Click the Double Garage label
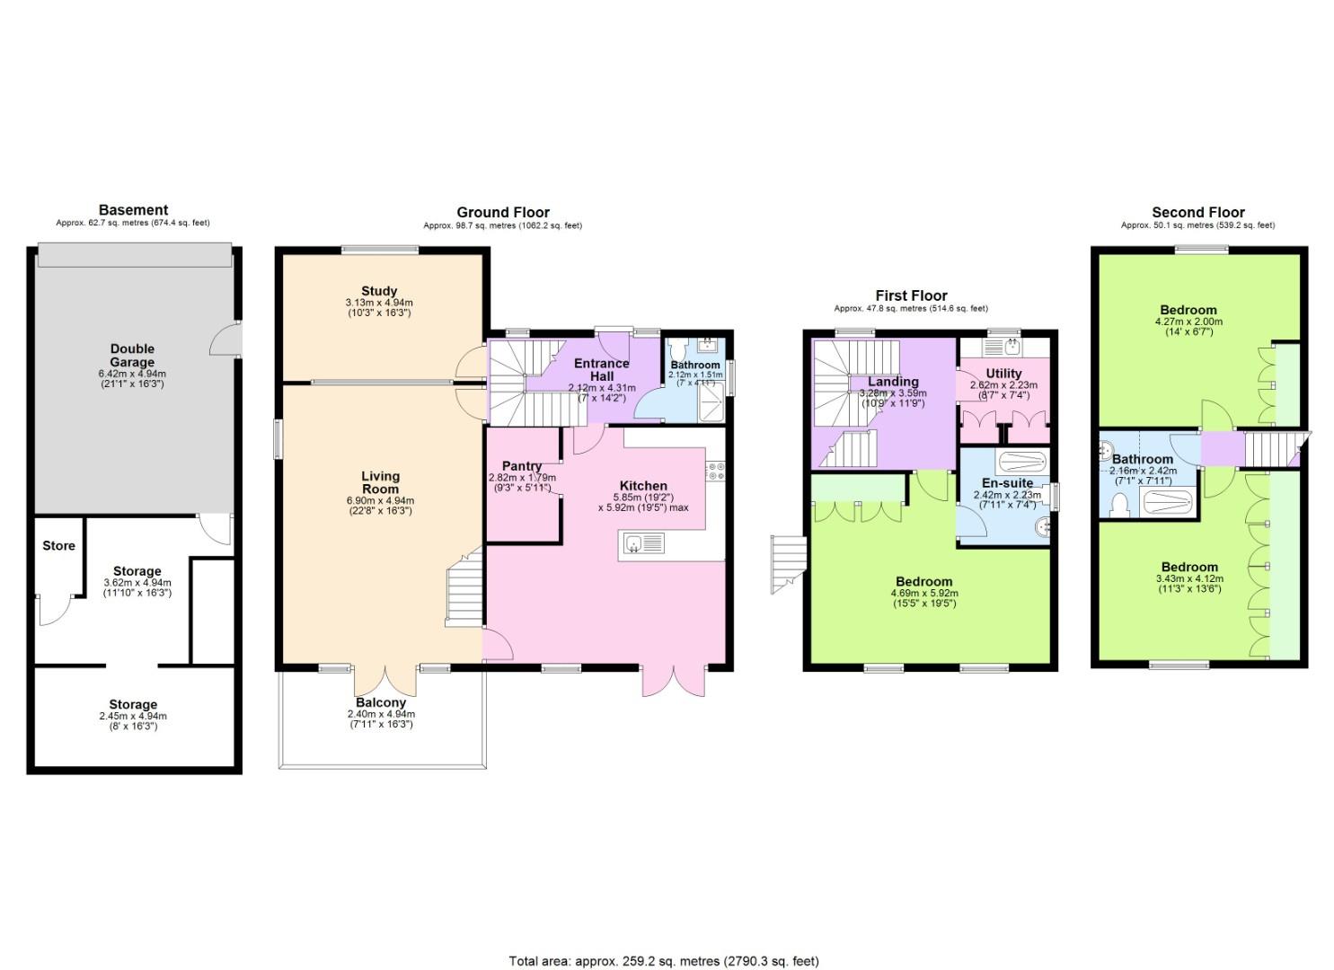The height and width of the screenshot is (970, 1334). tap(132, 356)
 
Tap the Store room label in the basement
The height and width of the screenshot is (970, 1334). tap(58, 545)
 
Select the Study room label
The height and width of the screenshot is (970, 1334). tap(379, 291)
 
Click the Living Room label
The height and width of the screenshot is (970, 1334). tap(380, 482)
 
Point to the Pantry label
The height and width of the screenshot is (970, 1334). tap(521, 466)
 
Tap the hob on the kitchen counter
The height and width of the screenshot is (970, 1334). tap(715, 471)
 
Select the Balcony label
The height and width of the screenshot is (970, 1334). tap(381, 702)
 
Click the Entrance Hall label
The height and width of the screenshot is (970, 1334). tap(601, 369)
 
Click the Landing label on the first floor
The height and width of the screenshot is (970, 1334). tap(892, 382)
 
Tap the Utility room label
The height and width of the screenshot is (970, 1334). tap(1003, 374)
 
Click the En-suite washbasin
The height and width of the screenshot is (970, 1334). tap(1042, 527)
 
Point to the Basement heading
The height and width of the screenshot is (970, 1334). tap(133, 210)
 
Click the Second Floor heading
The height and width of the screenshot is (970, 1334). tap(1197, 212)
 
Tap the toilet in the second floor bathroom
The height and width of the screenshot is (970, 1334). tap(1119, 508)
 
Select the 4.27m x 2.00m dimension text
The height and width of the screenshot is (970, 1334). tap(1188, 322)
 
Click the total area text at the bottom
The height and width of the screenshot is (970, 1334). tap(664, 961)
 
